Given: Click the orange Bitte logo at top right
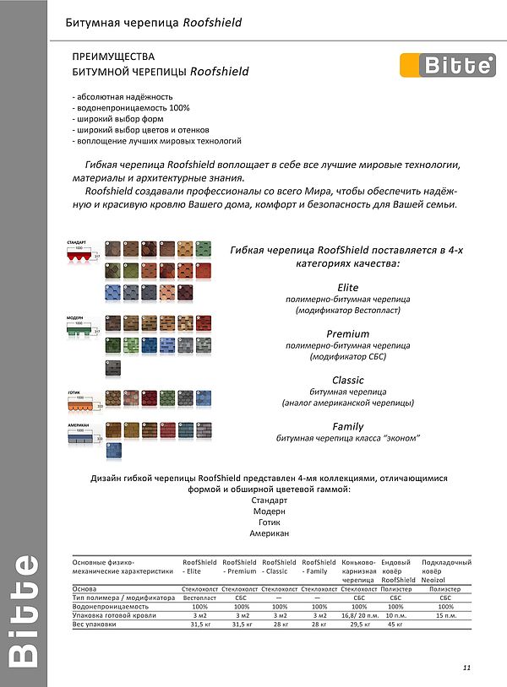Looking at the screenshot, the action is click(447, 65).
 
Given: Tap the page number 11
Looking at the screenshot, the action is click(466, 668).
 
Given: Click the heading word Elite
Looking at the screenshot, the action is click(347, 288).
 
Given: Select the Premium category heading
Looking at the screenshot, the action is click(347, 334).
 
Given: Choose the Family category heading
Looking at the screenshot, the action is click(347, 426).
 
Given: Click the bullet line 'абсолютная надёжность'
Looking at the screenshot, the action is click(123, 96).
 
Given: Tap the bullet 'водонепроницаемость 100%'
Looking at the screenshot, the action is click(131, 107).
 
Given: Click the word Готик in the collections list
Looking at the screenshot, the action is click(269, 522).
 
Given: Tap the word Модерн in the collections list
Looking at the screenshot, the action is click(269, 511).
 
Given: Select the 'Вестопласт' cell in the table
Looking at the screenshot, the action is click(199, 598).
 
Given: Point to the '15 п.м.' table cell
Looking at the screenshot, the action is click(445, 615).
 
